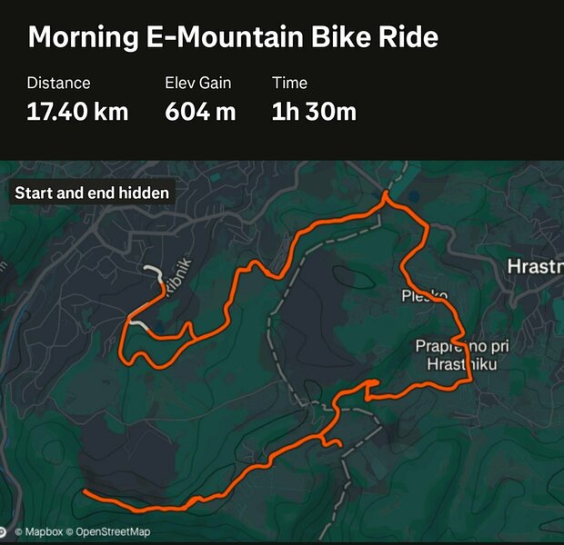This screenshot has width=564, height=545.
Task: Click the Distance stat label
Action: pos(58,83)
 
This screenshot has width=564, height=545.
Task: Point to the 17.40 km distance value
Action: pos(77,112)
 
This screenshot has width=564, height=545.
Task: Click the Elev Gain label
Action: pos(198,83)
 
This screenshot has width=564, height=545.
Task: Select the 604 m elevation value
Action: pos(200,112)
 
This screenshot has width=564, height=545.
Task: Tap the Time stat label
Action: pos(288,83)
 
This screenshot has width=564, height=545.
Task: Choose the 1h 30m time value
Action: pos(314,112)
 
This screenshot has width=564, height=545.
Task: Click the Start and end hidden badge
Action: pos(92,193)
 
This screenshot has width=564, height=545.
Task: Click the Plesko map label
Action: pos(424,296)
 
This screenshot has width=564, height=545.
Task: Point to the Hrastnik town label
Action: pos(534,266)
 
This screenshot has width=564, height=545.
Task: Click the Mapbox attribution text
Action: pos(44,531)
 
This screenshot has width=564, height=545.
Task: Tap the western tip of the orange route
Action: pos(85,491)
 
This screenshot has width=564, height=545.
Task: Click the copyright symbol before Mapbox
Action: pos(18,531)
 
